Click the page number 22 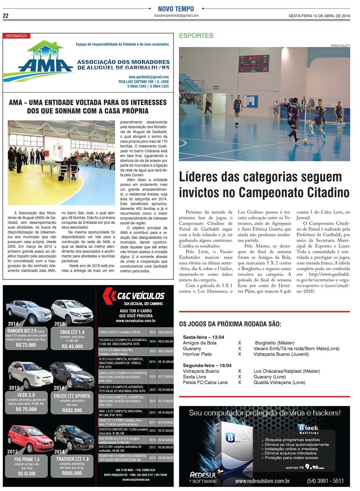(6, 16)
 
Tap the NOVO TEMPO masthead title (176, 9)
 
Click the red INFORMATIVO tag (16, 36)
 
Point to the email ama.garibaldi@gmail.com (149, 77)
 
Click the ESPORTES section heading (196, 35)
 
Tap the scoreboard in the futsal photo (253, 64)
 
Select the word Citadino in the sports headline (328, 192)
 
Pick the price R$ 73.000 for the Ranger (26, 345)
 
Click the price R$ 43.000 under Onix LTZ (72, 346)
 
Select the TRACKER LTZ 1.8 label (72, 459)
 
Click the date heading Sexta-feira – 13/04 (203, 337)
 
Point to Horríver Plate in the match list (197, 354)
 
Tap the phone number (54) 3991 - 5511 (325, 481)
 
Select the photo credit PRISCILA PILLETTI (340, 46)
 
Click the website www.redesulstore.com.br (262, 481)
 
